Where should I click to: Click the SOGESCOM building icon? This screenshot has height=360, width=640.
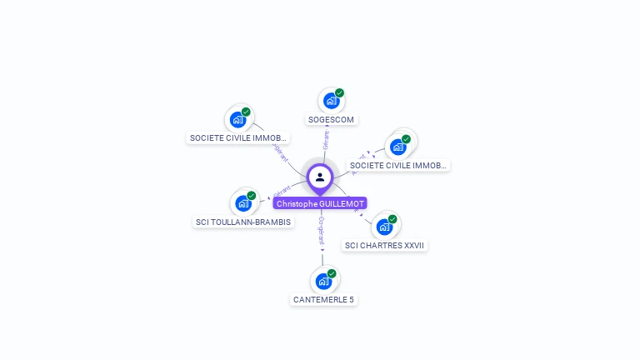[331, 101]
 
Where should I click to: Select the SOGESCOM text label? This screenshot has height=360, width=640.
[331, 119]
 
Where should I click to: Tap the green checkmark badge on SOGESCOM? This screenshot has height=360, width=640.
[339, 93]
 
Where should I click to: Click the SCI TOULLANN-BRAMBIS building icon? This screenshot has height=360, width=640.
[243, 202]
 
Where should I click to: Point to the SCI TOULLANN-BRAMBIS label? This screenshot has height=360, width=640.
[243, 222]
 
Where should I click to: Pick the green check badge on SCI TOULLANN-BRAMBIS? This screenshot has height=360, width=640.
[252, 196]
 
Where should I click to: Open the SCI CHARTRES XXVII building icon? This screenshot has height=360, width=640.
[383, 226]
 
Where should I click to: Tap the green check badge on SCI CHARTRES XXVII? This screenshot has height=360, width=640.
[392, 219]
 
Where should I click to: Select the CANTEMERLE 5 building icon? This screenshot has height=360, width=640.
[322, 281]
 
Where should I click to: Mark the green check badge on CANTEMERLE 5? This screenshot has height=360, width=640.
[332, 273]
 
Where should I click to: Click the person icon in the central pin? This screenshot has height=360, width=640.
[320, 177]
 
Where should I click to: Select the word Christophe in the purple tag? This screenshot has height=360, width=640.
[297, 203]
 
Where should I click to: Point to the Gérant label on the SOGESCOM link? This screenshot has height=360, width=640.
[326, 140]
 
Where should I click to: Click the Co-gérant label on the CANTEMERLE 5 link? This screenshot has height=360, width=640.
[322, 229]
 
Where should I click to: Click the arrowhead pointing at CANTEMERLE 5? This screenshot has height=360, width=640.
[322, 248]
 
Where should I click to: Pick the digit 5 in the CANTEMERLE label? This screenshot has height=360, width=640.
[351, 299]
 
